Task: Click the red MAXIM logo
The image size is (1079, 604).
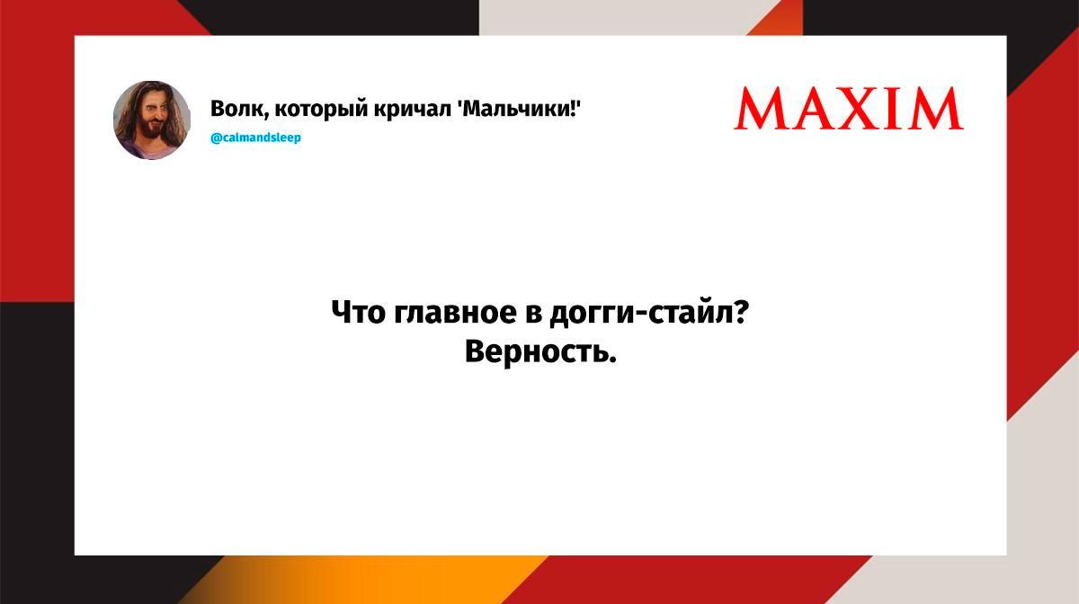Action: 848,108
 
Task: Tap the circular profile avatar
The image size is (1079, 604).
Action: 152,120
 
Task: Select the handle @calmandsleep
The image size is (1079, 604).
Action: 255,138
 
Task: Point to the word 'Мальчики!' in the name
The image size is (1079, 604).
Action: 519,109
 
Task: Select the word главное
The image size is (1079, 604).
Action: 455,313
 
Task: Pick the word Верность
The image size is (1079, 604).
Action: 537,352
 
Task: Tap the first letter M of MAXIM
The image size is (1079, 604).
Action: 761,109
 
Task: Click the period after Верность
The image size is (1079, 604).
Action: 612,360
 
